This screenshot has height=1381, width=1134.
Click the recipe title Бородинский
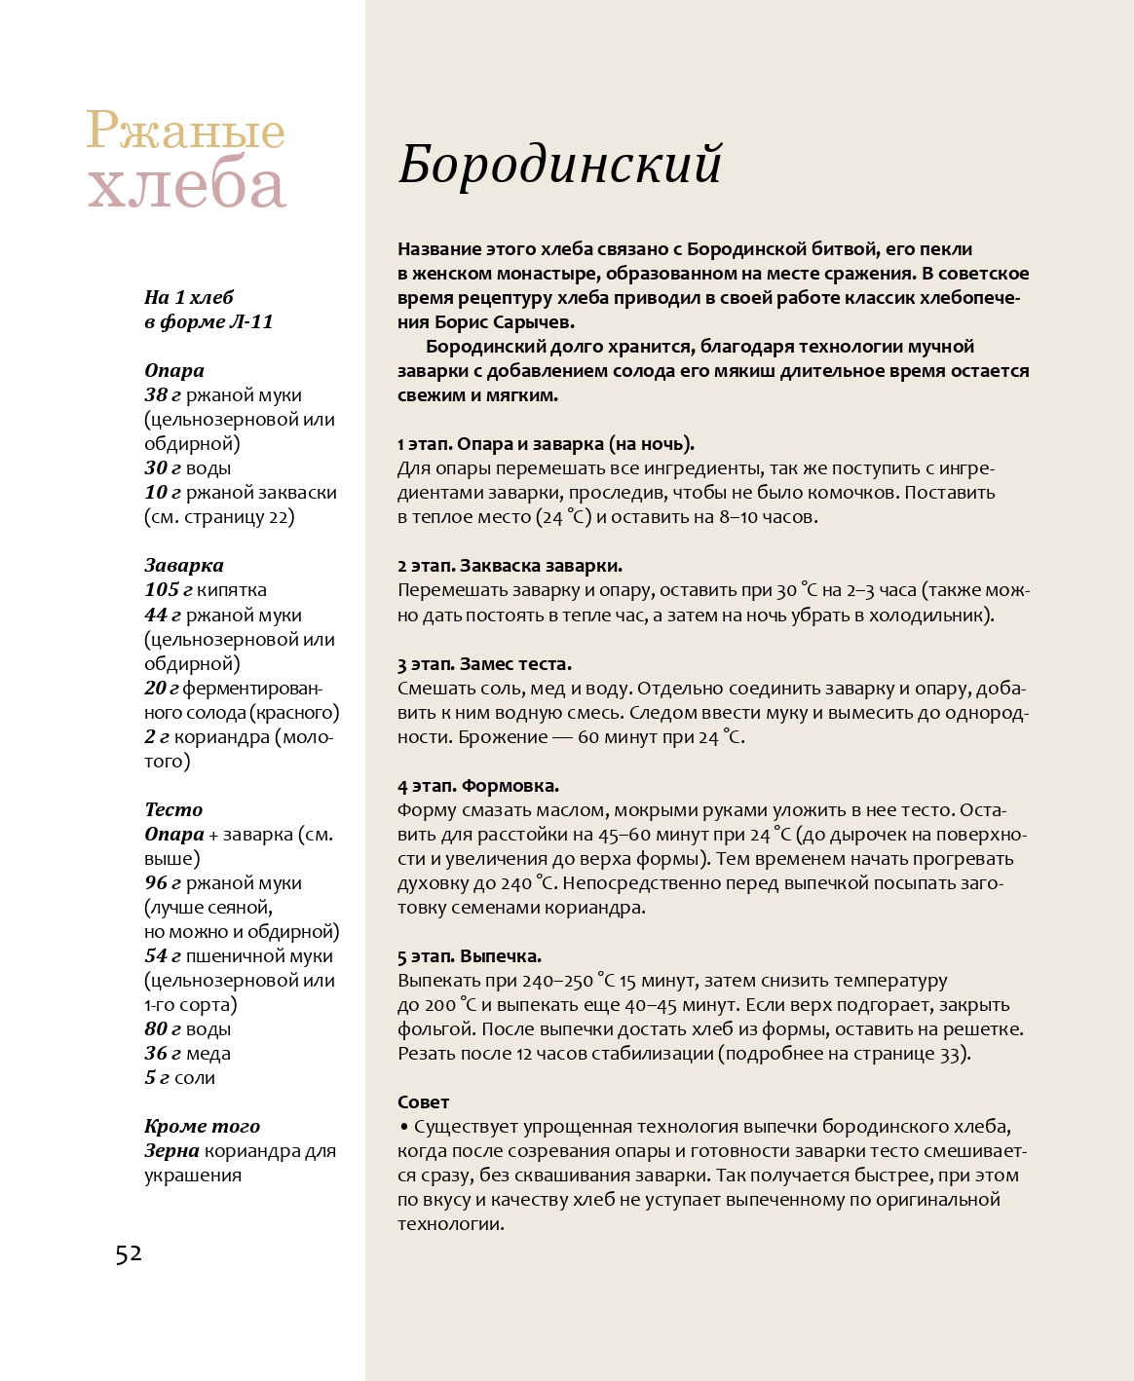tap(560, 164)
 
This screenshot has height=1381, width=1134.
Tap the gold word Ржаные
tap(185, 131)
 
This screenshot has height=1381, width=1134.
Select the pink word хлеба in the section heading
tap(187, 185)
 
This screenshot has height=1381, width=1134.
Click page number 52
tap(129, 1253)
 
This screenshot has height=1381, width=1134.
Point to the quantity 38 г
tap(163, 395)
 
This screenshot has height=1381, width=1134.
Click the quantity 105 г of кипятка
tap(169, 590)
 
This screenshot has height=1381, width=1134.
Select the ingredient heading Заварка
tap(184, 566)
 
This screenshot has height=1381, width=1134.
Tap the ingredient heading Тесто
tap(173, 809)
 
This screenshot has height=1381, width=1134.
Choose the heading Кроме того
tap(202, 1127)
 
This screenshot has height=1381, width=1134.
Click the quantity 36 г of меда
tap(163, 1054)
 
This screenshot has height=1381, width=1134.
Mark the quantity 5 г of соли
tap(157, 1078)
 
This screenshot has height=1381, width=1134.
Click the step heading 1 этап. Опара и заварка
tap(546, 444)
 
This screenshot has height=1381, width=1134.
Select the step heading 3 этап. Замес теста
tap(484, 664)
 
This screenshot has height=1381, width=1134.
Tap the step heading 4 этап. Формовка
tap(478, 786)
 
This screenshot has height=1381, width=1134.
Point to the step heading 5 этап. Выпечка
tap(470, 956)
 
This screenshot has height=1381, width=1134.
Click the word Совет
tap(423, 1102)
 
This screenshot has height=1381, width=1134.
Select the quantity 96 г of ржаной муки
tap(163, 883)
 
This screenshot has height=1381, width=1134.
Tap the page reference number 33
tap(950, 1054)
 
